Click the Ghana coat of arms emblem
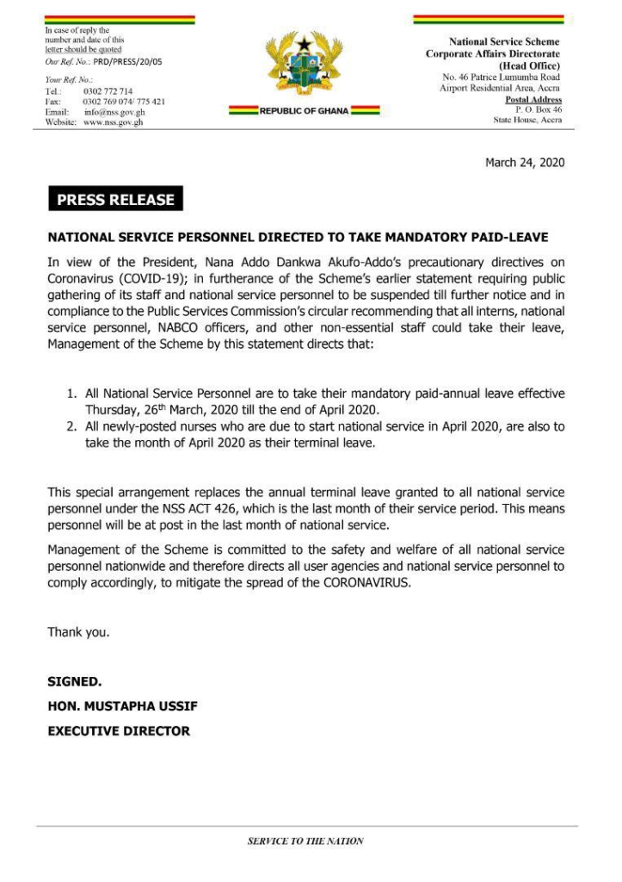pyautogui.click(x=304, y=68)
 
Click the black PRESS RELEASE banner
pyautogui.click(x=115, y=200)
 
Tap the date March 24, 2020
pyautogui.click(x=525, y=162)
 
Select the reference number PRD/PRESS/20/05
pyautogui.click(x=127, y=62)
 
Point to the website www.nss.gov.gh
pyautogui.click(x=113, y=122)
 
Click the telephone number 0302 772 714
pyautogui.click(x=108, y=90)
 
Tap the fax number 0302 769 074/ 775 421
pyautogui.click(x=124, y=102)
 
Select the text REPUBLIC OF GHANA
pyautogui.click(x=304, y=111)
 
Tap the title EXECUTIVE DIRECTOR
pyautogui.click(x=119, y=730)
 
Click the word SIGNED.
pyautogui.click(x=74, y=681)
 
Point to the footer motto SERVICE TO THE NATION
pyautogui.click(x=305, y=842)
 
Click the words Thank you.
pyautogui.click(x=78, y=632)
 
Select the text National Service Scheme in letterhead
pyautogui.click(x=504, y=41)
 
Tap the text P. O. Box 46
pyautogui.click(x=539, y=110)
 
